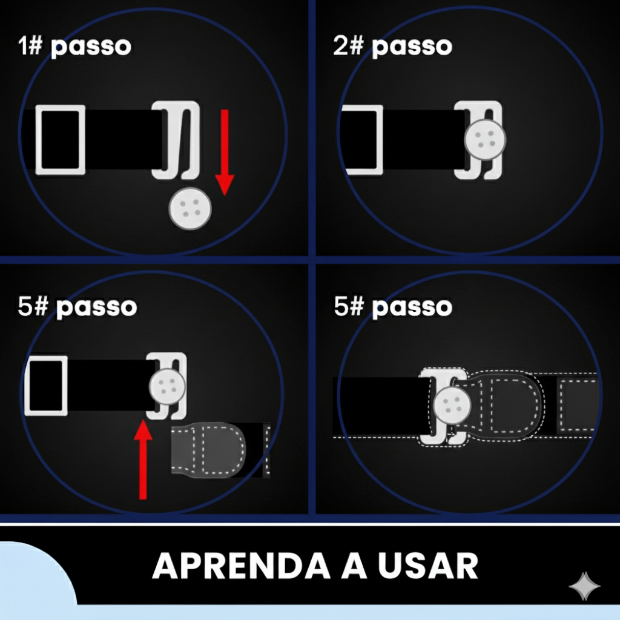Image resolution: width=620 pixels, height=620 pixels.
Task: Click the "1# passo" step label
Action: tap(74, 46)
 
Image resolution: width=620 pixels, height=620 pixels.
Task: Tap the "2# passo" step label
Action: tap(392, 46)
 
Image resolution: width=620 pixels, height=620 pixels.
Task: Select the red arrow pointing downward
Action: tap(225, 151)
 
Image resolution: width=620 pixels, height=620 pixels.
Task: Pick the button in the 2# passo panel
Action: tap(485, 139)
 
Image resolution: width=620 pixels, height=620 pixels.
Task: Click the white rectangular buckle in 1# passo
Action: tap(60, 139)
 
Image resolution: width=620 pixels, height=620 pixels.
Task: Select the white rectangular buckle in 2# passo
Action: tap(362, 140)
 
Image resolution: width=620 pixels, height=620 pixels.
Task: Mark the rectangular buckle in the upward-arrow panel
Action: tap(45, 385)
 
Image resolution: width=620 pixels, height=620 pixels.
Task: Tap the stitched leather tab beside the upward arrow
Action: tap(209, 450)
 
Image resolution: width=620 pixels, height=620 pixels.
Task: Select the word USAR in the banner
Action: tap(427, 567)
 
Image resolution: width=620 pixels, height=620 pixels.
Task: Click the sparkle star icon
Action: tap(584, 586)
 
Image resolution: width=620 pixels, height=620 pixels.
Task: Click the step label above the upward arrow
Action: tap(77, 306)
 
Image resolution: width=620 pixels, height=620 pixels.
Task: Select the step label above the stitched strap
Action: tap(392, 306)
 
